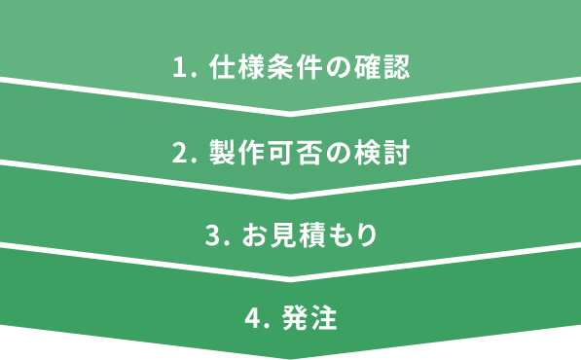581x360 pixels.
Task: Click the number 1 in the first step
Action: click(x=179, y=68)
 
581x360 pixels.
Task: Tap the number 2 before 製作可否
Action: click(x=179, y=153)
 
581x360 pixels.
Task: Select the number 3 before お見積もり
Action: click(x=213, y=236)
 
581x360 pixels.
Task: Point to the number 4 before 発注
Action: click(x=254, y=319)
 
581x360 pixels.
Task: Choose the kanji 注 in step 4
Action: click(x=325, y=319)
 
